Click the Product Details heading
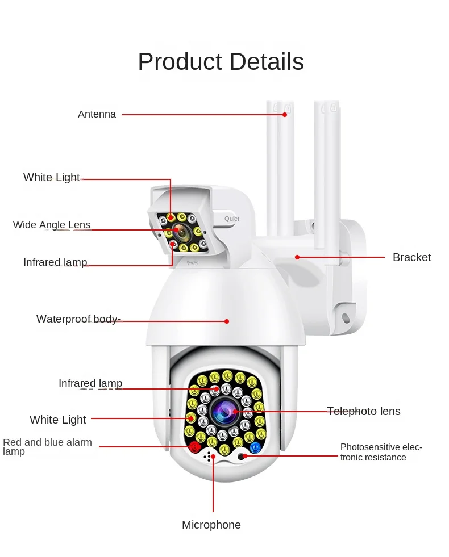[221, 61]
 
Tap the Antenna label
[97, 114]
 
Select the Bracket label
[411, 257]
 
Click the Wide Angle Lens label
[52, 225]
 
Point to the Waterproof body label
[78, 319]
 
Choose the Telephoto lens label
[363, 411]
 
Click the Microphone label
[211, 525]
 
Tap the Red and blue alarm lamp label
[47, 446]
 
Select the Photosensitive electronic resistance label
[381, 452]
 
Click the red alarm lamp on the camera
[194, 447]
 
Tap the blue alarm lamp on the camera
[255, 447]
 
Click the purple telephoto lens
[225, 411]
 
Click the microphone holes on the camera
[209, 457]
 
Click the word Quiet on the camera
[232, 219]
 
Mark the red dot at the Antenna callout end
[285, 115]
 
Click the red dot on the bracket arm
[297, 257]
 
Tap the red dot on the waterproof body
[227, 321]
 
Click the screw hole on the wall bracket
[345, 317]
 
